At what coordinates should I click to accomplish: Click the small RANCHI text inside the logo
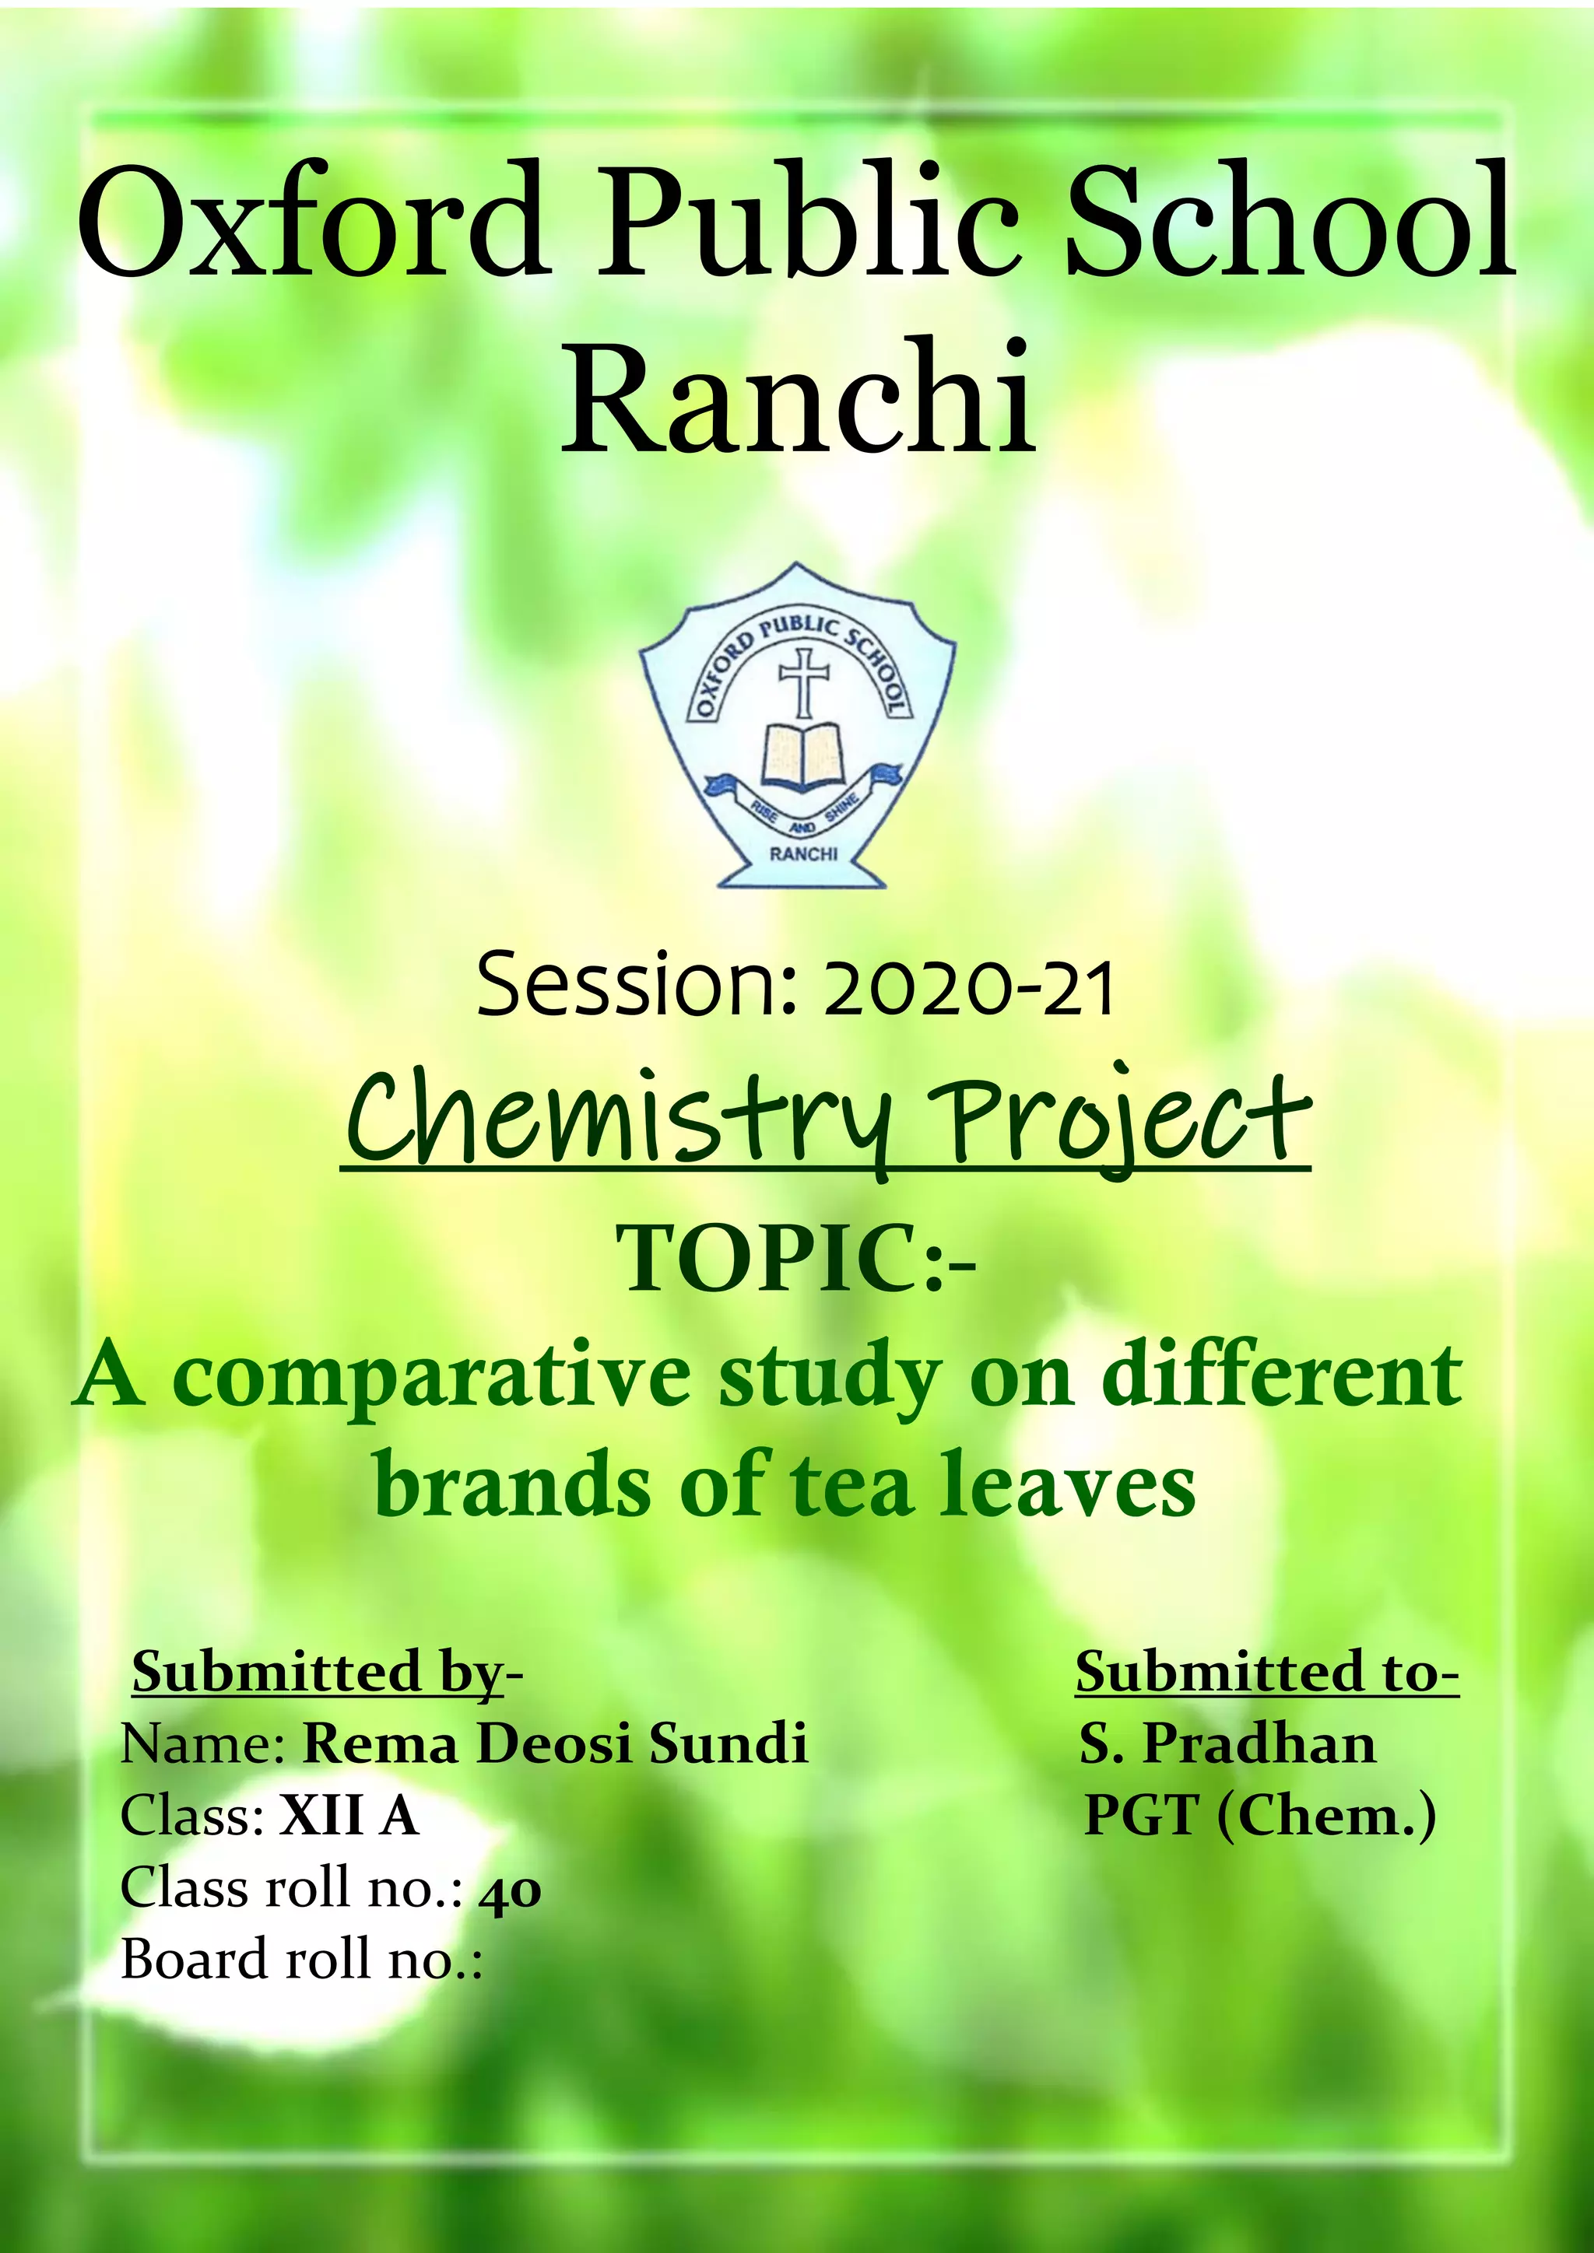point(803,853)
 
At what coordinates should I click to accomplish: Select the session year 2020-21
point(969,989)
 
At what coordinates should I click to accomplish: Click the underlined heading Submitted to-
point(1266,1671)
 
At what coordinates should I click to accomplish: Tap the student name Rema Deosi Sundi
point(555,1743)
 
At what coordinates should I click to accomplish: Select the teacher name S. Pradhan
point(1227,1743)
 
